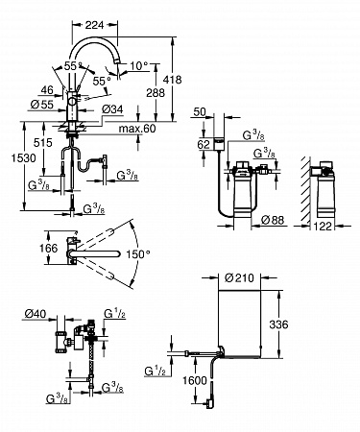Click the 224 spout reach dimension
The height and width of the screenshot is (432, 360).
(94, 25)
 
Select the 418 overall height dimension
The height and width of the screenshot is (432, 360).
(173, 80)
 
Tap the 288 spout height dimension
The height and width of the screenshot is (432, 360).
(156, 93)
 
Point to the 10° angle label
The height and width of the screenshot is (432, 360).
(139, 66)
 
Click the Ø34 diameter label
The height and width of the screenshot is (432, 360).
(112, 109)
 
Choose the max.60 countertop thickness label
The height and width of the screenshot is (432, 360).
(137, 129)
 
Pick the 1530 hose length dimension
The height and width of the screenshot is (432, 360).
(24, 157)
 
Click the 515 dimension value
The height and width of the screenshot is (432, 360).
(43, 142)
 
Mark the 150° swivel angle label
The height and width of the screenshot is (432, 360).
(138, 254)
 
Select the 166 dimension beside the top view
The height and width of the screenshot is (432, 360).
(49, 248)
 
